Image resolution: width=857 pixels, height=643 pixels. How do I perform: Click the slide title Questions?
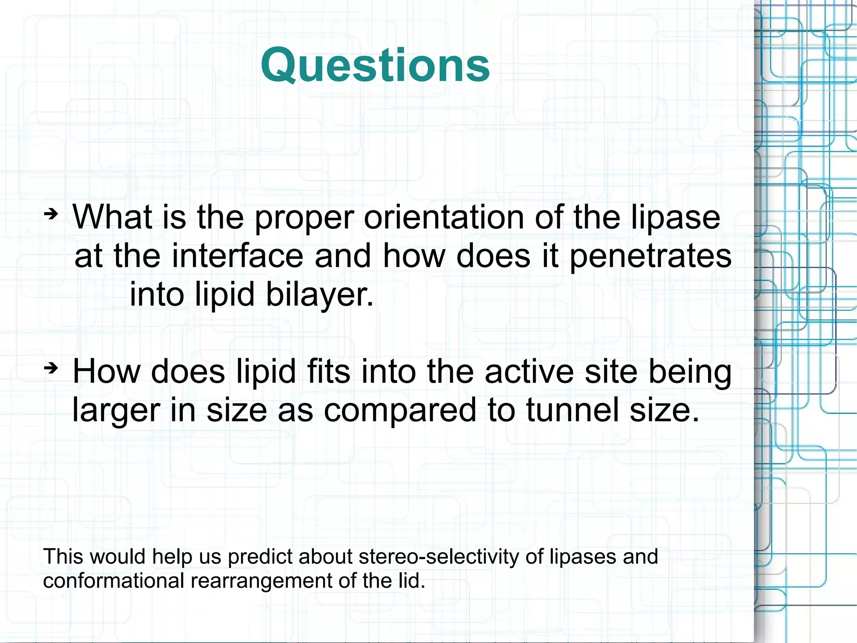[375, 66]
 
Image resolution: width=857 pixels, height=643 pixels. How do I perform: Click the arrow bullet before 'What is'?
[51, 214]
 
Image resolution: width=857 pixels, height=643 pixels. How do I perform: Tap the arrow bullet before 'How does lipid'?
[51, 369]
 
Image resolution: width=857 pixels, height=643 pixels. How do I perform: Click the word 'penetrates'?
[650, 257]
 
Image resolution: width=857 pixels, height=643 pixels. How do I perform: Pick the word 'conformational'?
[113, 581]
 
